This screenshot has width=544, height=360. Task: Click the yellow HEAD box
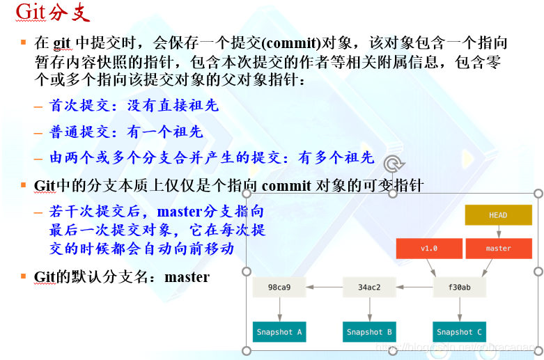[x=498, y=215]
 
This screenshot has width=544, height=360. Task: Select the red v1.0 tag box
[x=429, y=249]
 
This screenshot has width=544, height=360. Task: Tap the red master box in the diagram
[x=498, y=249]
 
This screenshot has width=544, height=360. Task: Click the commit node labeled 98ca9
[x=279, y=286]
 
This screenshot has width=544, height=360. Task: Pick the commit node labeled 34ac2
[x=369, y=286]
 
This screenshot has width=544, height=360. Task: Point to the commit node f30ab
[x=459, y=286]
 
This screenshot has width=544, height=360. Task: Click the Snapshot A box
[x=279, y=331]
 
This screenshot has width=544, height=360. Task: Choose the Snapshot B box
[x=369, y=331]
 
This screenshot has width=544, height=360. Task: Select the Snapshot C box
[x=459, y=331]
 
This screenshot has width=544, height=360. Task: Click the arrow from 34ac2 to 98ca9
[x=325, y=286]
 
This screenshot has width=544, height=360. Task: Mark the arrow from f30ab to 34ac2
[x=414, y=286]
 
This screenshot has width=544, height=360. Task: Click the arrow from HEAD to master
[x=498, y=232]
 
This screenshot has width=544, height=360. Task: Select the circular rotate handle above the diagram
[x=394, y=164]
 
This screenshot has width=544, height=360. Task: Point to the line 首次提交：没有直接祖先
[x=134, y=106]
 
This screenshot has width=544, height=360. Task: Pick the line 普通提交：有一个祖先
[x=126, y=132]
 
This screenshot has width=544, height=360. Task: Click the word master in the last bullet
[x=187, y=277]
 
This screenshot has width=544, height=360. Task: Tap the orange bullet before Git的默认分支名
[x=23, y=276]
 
